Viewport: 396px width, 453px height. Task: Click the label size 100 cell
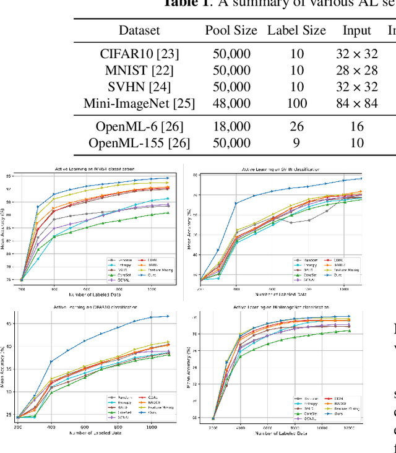click(x=297, y=103)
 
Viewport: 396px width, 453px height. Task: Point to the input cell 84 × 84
click(x=357, y=103)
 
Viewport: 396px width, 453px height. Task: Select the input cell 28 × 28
click(x=357, y=70)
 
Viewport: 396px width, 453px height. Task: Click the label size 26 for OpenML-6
click(x=297, y=127)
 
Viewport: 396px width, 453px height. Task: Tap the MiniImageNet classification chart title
click(x=281, y=307)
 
